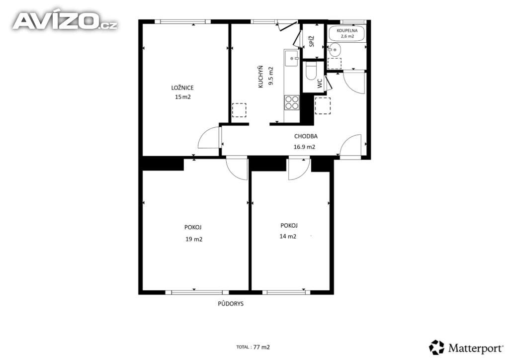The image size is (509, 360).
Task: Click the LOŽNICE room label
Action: (182, 88)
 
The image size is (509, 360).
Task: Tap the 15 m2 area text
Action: (183, 97)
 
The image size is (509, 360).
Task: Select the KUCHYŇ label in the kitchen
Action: (260, 77)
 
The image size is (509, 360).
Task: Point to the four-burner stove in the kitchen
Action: (291, 102)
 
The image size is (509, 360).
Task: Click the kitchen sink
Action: (291, 58)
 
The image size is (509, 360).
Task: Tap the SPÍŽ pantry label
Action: (312, 41)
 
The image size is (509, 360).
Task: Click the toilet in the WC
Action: (311, 71)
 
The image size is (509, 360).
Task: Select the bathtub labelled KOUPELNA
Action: (347, 33)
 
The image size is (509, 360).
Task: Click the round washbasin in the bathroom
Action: (335, 50)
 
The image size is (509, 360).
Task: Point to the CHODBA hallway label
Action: (306, 136)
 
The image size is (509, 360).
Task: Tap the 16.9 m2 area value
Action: (304, 147)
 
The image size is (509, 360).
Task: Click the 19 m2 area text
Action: (194, 239)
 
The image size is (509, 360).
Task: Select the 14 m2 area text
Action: (288, 236)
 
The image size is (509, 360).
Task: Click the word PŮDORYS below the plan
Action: (231, 304)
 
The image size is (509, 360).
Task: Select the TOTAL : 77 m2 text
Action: (253, 347)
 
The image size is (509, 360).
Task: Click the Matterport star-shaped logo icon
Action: (436, 348)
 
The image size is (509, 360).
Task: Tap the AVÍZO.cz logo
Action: (65, 21)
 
